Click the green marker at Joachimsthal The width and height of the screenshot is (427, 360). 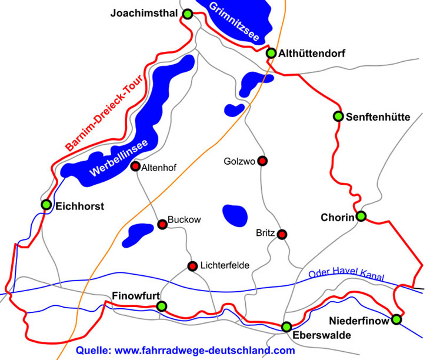188,14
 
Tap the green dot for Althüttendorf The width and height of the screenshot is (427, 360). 271,54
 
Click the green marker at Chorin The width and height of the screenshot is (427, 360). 361,216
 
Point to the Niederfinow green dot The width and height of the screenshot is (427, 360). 396,319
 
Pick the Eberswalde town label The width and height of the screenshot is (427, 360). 316,336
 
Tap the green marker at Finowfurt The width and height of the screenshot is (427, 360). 162,306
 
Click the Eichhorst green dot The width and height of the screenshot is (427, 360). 46,205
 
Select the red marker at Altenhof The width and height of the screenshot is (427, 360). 135,166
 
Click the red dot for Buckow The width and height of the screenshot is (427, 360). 162,224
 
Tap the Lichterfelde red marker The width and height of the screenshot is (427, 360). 192,266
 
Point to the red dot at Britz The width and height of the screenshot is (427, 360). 282,234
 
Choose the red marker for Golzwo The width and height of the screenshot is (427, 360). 262,161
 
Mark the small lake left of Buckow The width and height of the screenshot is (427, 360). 137,234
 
